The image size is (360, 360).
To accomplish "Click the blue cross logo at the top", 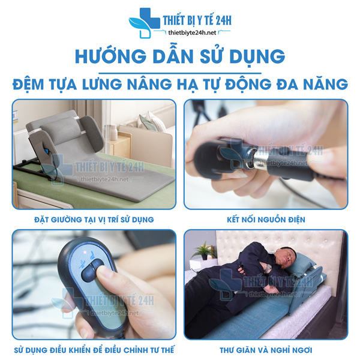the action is [x=144, y=23].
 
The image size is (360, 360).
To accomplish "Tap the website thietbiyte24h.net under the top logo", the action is [x=192, y=33].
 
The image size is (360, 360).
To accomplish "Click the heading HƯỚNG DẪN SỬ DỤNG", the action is [x=180, y=56].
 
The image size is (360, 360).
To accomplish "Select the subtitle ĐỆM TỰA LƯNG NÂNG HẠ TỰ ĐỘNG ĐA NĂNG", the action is [x=180, y=84].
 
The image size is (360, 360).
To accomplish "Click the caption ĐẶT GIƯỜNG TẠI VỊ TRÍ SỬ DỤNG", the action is [x=94, y=220].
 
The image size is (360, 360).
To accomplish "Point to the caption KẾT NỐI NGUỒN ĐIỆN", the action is [x=266, y=220].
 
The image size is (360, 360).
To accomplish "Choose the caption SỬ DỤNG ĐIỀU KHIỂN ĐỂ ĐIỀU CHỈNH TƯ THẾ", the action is [x=94, y=350].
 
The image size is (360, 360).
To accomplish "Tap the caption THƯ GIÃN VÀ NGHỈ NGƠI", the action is [x=266, y=350].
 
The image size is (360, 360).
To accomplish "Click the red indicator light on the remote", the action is [x=85, y=252].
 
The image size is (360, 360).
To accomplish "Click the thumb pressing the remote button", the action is [x=106, y=278].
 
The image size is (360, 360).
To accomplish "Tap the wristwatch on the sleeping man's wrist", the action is [x=267, y=269].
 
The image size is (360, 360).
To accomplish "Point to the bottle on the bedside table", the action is [x=113, y=133].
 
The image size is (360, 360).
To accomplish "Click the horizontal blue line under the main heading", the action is [x=180, y=73].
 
